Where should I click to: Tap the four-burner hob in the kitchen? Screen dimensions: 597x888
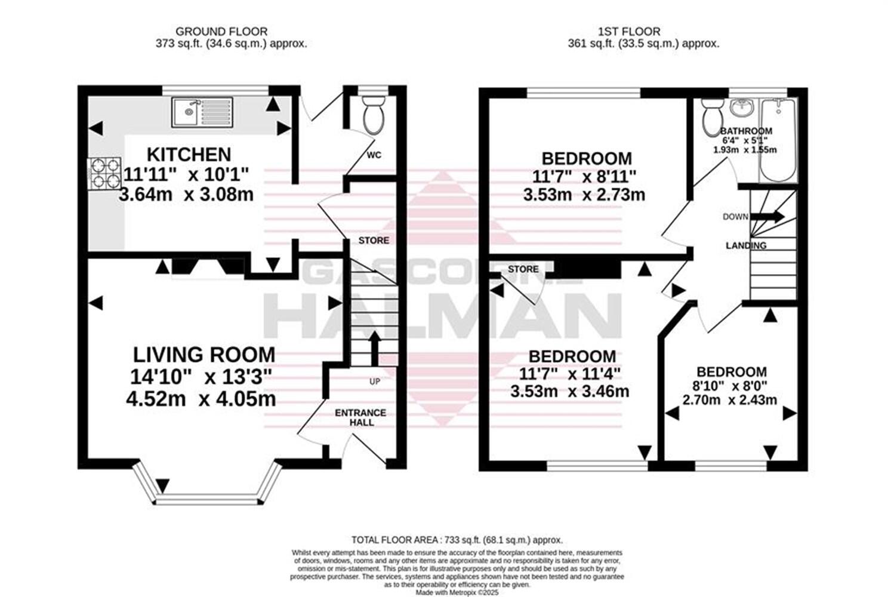(104, 173)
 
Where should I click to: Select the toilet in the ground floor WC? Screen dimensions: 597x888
(374, 115)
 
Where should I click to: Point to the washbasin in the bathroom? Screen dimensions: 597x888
(742, 109)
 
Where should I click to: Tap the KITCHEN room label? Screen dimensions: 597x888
(189, 155)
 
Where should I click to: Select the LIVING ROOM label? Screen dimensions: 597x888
(203, 355)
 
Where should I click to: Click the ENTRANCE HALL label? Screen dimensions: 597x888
(360, 417)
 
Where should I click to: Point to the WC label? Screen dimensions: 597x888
(374, 155)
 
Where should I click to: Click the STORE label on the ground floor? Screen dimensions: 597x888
(374, 241)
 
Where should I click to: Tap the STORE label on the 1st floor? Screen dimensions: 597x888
(523, 269)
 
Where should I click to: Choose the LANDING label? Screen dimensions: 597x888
(746, 245)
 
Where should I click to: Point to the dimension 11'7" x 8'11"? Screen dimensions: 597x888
(584, 176)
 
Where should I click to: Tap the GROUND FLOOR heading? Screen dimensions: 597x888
(221, 31)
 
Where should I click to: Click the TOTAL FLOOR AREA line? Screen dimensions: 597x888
(457, 540)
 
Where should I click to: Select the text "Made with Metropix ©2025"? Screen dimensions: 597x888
(457, 592)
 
